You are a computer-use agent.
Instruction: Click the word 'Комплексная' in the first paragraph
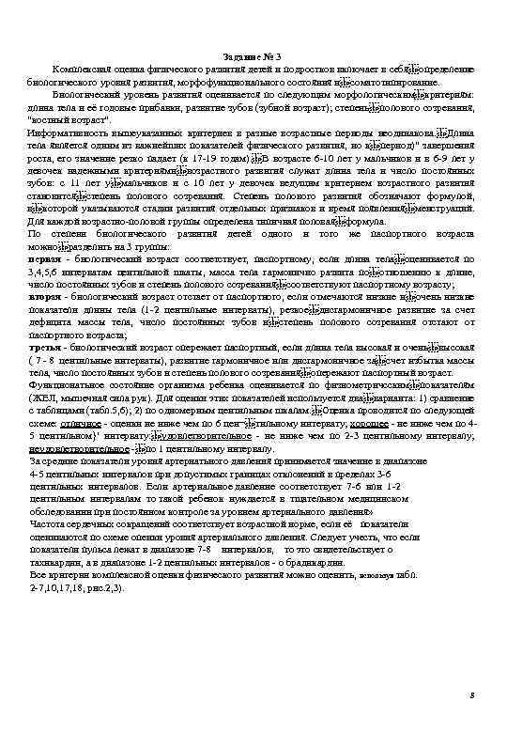[83, 71]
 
